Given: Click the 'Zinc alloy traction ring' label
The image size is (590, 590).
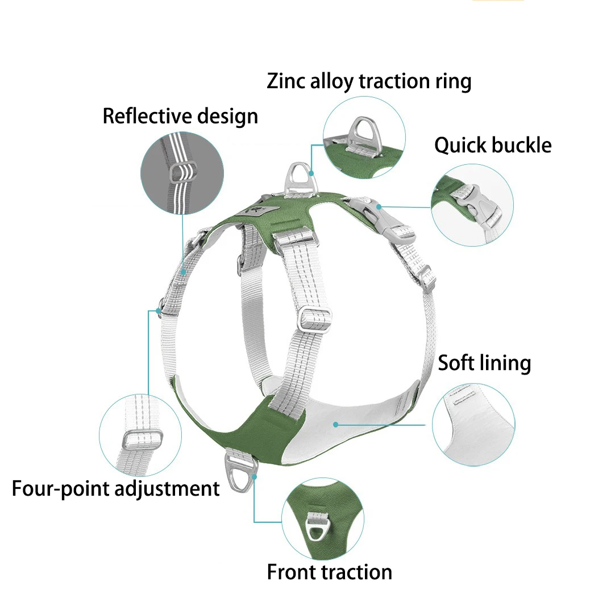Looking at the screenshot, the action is click(x=369, y=81).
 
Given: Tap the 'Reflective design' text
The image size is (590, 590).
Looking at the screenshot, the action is click(x=180, y=116).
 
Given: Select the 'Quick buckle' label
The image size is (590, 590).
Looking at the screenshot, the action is click(x=493, y=146).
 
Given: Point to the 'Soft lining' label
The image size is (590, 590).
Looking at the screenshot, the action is click(x=484, y=363).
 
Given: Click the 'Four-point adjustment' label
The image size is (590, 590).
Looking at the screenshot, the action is click(x=115, y=489).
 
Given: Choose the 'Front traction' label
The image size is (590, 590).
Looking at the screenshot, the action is click(x=329, y=572).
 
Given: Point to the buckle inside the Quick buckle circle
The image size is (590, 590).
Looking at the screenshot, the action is click(x=476, y=206).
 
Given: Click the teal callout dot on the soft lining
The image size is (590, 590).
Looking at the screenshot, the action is click(x=335, y=425).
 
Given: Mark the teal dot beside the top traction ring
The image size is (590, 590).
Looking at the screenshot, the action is click(x=311, y=173).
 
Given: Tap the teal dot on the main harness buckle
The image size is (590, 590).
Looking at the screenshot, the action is click(x=379, y=206).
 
